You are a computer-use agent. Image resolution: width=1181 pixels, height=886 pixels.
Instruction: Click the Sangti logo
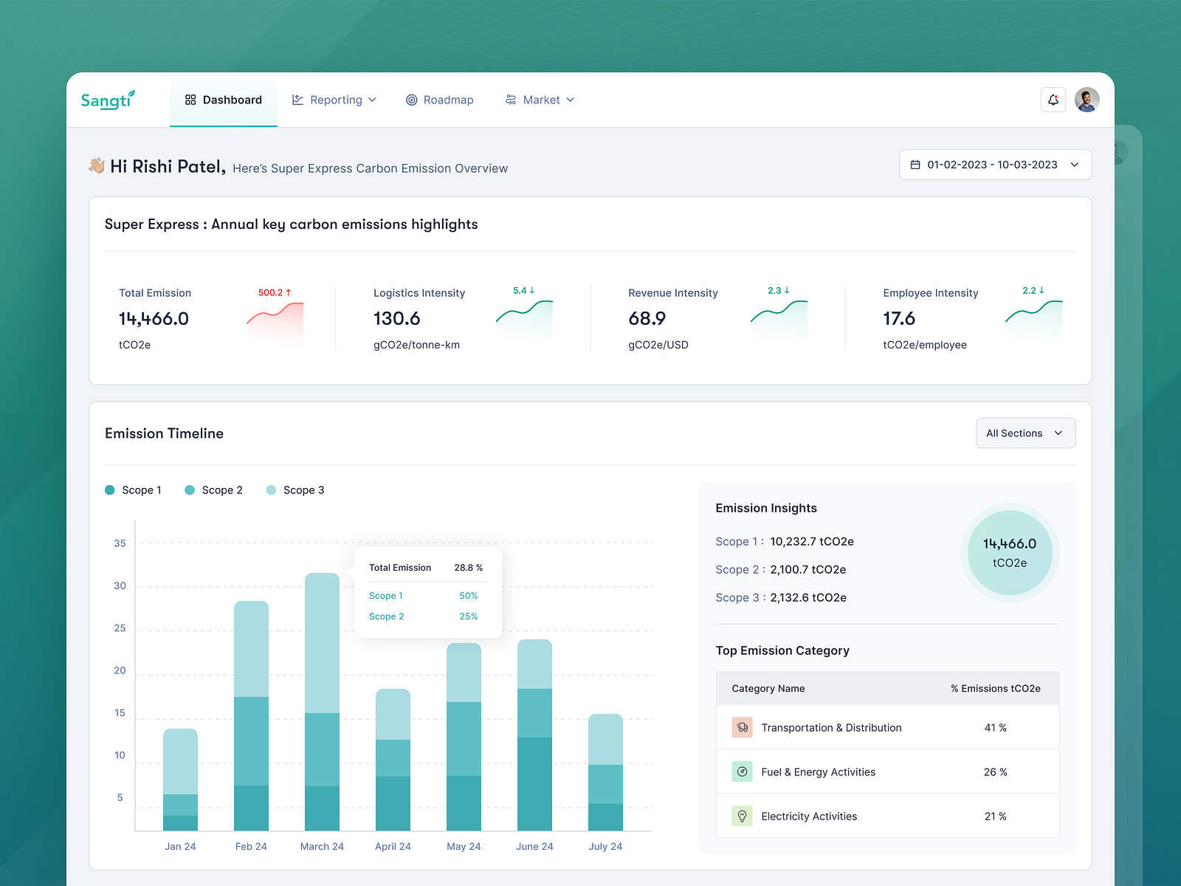[108, 100]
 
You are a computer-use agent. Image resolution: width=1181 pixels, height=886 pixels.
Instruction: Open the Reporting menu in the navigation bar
[334, 100]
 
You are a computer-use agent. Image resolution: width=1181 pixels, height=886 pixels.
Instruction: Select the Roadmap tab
[440, 100]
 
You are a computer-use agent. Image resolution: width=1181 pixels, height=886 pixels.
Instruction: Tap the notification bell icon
[1053, 100]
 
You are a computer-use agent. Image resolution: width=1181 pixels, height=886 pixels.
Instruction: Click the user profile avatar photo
[1087, 100]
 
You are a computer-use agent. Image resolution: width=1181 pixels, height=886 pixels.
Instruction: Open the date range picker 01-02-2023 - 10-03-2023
[994, 165]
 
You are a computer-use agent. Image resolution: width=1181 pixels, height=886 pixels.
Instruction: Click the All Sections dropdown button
[1025, 433]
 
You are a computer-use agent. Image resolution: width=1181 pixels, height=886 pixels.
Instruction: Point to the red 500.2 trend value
[275, 292]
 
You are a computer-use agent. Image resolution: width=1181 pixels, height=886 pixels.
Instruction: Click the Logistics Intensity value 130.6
[396, 318]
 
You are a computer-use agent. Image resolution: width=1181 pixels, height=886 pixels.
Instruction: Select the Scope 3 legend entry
[295, 490]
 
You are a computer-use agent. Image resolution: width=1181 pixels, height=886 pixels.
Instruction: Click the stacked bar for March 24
[322, 701]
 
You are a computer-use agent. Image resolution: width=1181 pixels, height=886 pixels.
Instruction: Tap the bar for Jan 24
[180, 779]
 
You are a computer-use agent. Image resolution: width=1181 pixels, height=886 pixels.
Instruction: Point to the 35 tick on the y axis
[120, 543]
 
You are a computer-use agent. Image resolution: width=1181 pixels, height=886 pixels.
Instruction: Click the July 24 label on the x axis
[605, 846]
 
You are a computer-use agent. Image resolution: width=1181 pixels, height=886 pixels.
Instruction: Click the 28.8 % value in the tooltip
[468, 568]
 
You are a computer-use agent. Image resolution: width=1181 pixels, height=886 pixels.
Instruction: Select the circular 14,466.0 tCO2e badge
[1009, 552]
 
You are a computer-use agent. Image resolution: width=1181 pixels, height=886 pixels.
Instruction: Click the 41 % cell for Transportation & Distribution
[995, 728]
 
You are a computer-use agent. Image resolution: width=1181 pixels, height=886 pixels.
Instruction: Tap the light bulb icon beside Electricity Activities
[742, 816]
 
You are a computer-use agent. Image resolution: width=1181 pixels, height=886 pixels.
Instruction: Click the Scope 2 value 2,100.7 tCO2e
[808, 569]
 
